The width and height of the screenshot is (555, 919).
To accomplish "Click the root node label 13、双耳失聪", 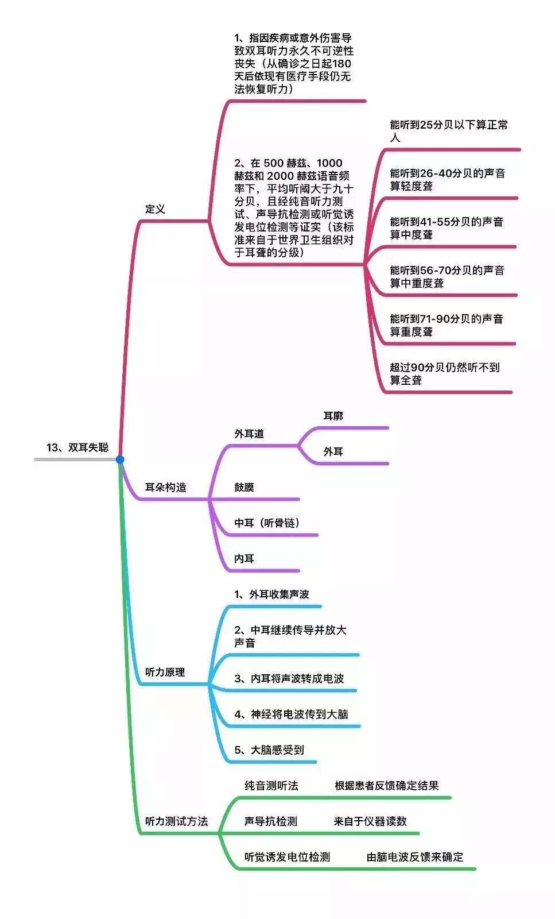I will coord(77,447).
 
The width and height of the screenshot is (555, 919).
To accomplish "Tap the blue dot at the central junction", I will coord(120,459).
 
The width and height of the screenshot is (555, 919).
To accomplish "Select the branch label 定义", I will coord(155,209).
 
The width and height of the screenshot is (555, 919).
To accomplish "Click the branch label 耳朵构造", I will coord(165,487).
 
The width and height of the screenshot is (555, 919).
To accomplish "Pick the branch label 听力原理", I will coord(165,672).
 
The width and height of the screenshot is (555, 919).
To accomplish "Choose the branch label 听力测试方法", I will coord(176,821).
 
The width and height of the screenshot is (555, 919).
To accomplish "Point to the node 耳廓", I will coord(333,416).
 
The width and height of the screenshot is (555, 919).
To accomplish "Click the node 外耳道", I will coord(249,434).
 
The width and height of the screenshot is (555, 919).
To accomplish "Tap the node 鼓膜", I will coord(244,487).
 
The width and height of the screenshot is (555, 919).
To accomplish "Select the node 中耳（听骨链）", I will coord(267,523).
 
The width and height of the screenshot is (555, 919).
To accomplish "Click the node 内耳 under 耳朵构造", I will coord(244,558).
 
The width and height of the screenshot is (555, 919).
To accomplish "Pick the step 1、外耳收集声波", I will coord(271,594).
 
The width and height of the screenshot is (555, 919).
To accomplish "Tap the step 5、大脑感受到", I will coord(269,750).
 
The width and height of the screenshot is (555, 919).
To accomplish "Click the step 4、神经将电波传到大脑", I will coord(291,714).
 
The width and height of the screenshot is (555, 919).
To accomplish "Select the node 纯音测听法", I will coord(271,786).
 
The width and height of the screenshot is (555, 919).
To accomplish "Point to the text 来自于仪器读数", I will coord(370,821).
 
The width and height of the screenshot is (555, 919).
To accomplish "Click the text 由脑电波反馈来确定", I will coord(415,857).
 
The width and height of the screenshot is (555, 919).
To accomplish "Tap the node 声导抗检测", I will coord(271,821).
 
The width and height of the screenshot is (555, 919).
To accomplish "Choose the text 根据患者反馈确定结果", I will coord(387,786).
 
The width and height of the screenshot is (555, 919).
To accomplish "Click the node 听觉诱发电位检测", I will coord(287,857).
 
